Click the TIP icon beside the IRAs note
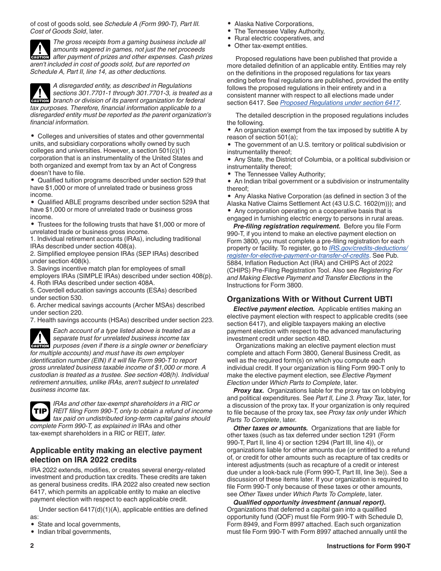coord(39,411)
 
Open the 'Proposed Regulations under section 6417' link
coord(340,103)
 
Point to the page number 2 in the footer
coord(32,546)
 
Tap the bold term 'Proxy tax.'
coord(249,390)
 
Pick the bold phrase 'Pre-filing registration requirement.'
coord(287,226)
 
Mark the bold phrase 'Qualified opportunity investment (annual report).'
coord(309,502)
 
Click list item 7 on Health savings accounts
coord(122,320)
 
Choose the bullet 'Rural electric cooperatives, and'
coord(279,39)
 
